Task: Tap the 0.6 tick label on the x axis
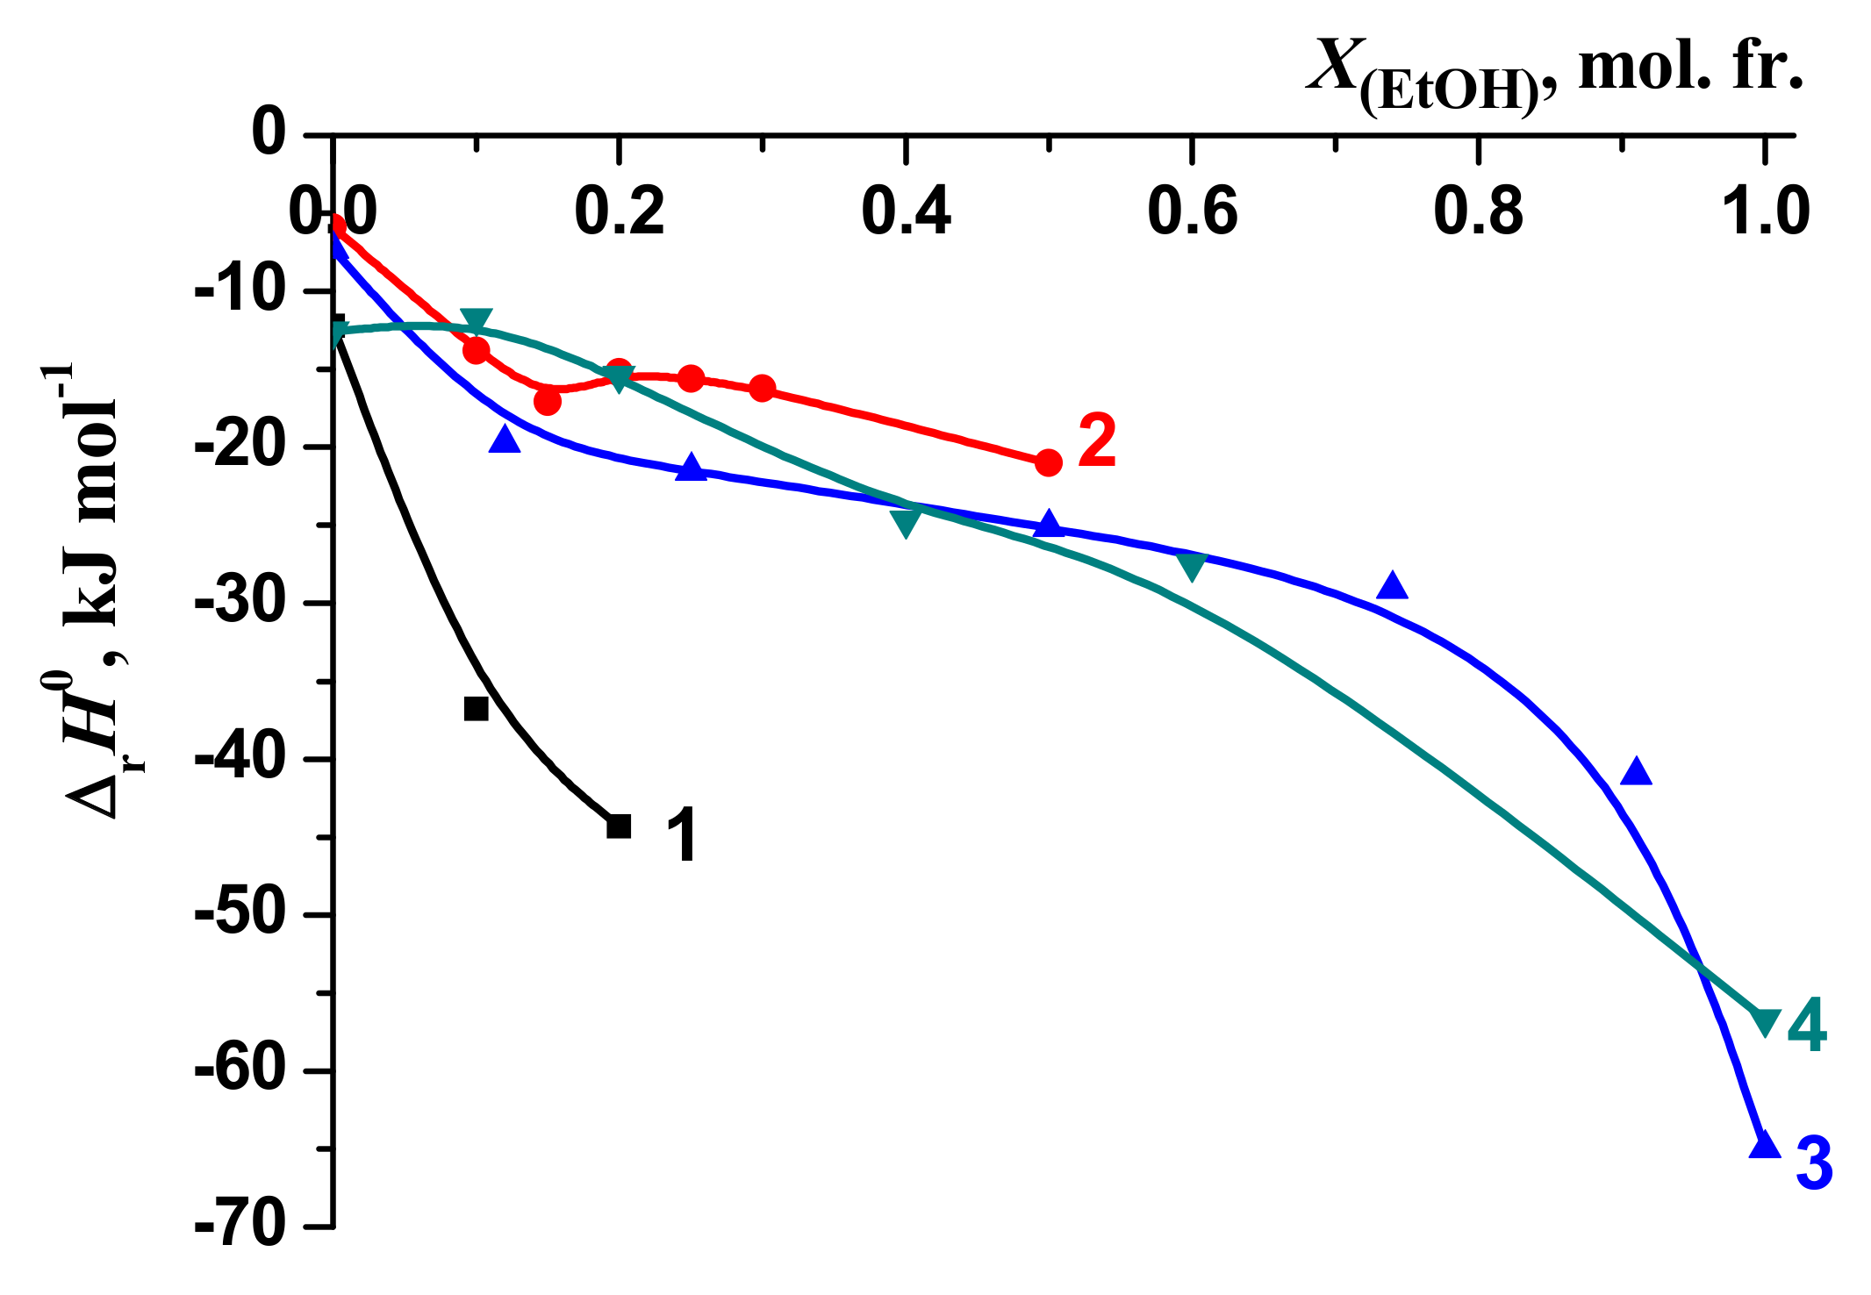pyautogui.click(x=1192, y=212)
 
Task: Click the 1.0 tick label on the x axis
pyautogui.click(x=1766, y=212)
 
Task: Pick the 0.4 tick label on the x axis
pyautogui.click(x=906, y=212)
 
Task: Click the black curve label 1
pyautogui.click(x=682, y=836)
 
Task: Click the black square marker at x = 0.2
pyautogui.click(x=619, y=826)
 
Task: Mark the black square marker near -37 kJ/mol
pyautogui.click(x=476, y=708)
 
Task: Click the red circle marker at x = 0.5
pyautogui.click(x=1048, y=462)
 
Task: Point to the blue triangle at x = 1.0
pyautogui.click(x=1765, y=1145)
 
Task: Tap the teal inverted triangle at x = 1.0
pyautogui.click(x=1765, y=1022)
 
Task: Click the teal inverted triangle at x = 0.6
pyautogui.click(x=1192, y=567)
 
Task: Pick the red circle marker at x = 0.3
pyautogui.click(x=763, y=388)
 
